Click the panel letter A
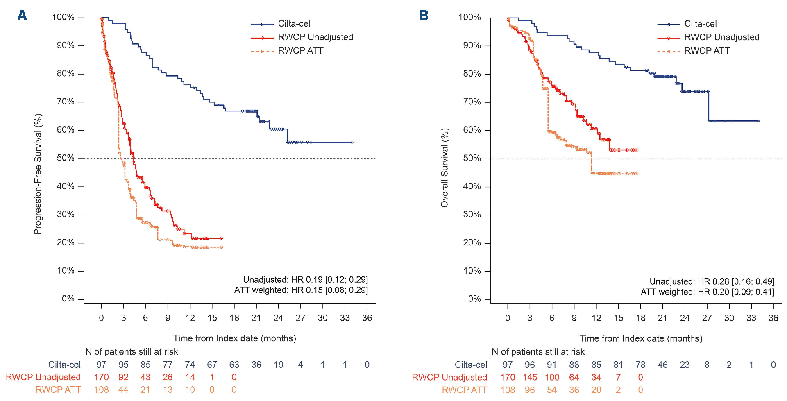[x=22, y=16]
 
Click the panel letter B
[x=424, y=16]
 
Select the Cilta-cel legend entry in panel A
[x=294, y=24]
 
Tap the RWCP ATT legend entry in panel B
[x=707, y=51]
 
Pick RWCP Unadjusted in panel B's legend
[x=721, y=37]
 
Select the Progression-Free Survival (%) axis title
[x=38, y=174]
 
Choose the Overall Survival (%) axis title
[x=445, y=168]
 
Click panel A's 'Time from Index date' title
[x=234, y=338]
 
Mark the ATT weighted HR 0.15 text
[x=301, y=290]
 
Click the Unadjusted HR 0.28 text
[x=712, y=281]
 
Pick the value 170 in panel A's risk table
[x=101, y=377]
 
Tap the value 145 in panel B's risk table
[x=530, y=377]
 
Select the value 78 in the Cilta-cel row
[x=640, y=365]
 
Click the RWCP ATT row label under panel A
[x=58, y=390]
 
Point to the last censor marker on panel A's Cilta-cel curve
[x=352, y=142]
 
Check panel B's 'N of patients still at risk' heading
[x=538, y=352]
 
